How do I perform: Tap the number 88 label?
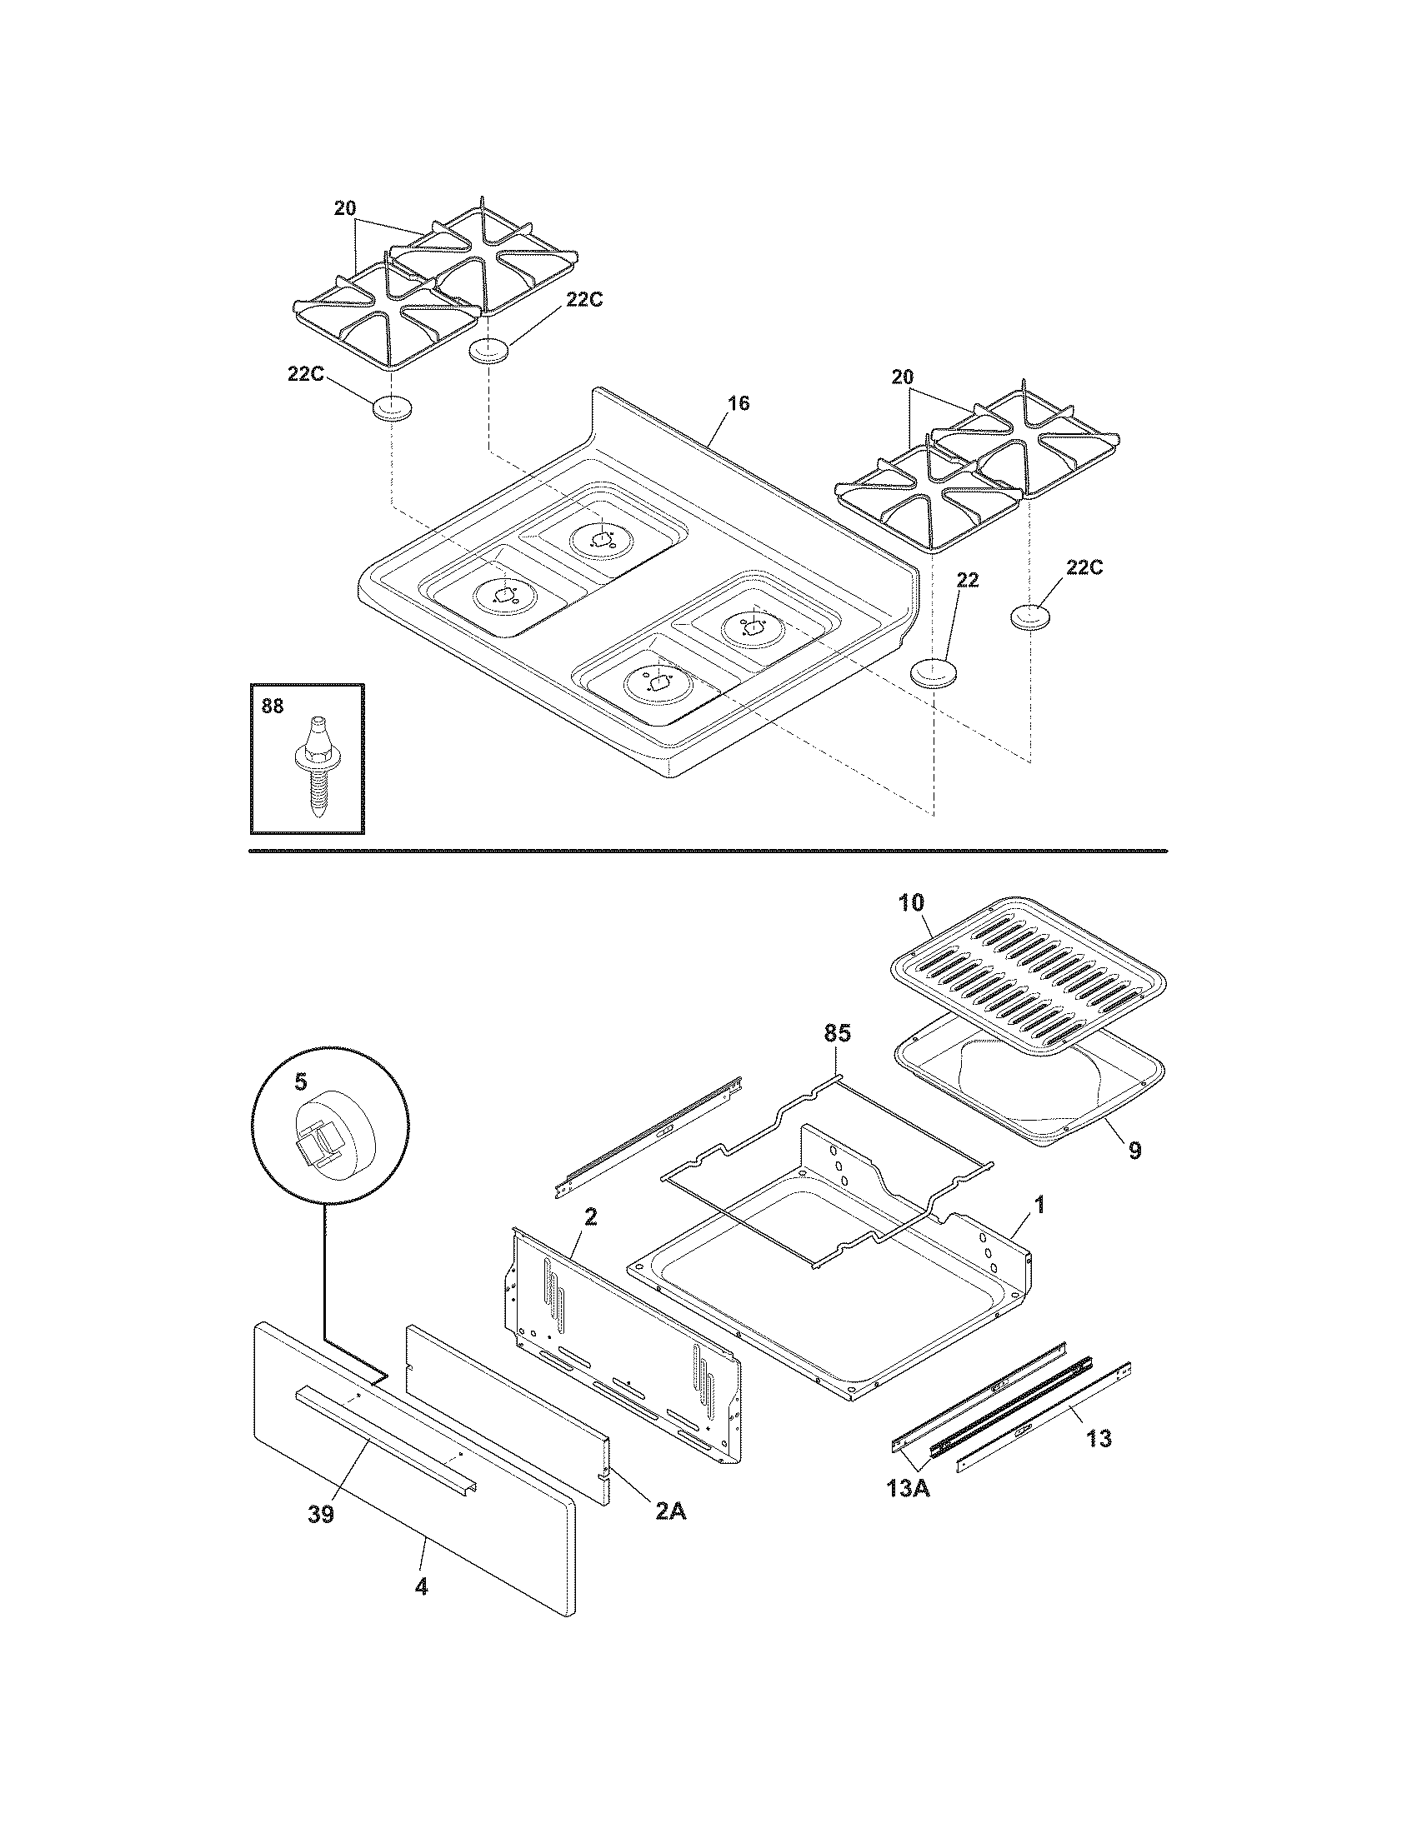coord(273,707)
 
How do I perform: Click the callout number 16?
coord(738,404)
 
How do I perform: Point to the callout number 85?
coord(837,1033)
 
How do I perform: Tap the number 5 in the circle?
coord(301,1082)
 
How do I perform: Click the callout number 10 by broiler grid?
coord(910,903)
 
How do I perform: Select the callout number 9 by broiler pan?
coord(1135,1150)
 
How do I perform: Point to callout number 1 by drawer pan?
coord(1039,1206)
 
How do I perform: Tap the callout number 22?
coord(968,581)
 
